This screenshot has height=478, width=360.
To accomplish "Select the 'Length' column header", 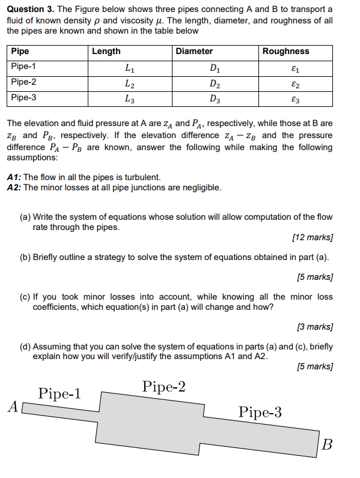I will click(x=106, y=52).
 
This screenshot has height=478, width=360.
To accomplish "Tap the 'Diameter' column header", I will click(x=194, y=52).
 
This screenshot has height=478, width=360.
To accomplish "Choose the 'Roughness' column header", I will click(x=285, y=52).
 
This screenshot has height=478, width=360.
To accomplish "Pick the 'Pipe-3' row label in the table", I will click(x=24, y=97).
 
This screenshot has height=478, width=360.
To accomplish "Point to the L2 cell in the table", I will click(x=129, y=83).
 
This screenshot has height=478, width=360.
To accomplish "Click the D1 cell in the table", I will click(x=215, y=67).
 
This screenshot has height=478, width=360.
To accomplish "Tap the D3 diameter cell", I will click(x=215, y=98).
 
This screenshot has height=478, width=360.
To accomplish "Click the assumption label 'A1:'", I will click(x=14, y=177).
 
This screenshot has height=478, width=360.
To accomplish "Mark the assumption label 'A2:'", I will click(x=14, y=187).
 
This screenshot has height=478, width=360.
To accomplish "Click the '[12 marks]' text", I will click(x=311, y=237).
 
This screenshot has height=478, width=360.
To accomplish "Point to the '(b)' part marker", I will click(x=25, y=257).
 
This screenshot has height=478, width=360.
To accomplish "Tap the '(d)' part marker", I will click(x=25, y=346).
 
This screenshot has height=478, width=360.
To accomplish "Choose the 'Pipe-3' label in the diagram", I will click(x=260, y=412).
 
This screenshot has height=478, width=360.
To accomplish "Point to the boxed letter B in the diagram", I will click(x=326, y=445).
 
